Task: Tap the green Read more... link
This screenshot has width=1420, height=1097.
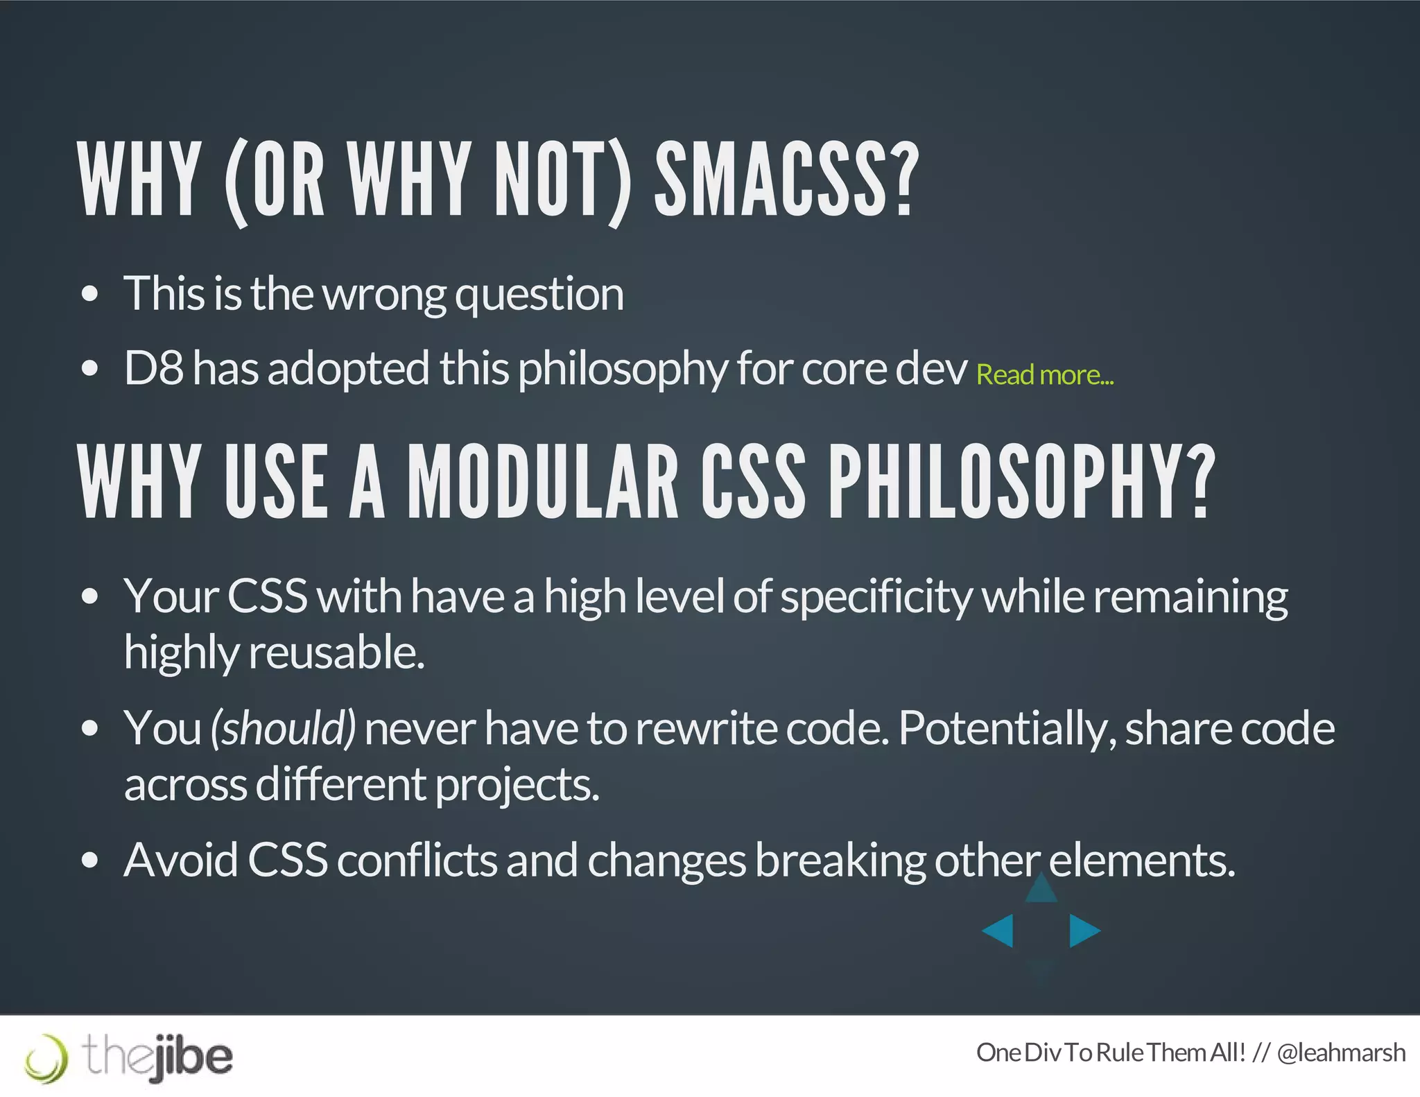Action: [1044, 375]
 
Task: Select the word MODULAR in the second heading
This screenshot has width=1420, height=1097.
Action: [542, 483]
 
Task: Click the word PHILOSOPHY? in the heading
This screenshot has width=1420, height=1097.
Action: [1021, 483]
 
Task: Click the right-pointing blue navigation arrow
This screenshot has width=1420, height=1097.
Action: [1084, 931]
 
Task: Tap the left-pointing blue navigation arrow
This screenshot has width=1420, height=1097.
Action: [999, 931]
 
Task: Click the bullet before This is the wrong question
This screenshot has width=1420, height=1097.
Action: [89, 294]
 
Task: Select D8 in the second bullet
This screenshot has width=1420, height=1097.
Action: [153, 368]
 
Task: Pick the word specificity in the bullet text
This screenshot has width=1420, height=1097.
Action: [876, 597]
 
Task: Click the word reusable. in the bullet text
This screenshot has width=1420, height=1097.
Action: [336, 653]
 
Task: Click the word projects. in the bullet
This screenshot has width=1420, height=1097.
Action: [517, 784]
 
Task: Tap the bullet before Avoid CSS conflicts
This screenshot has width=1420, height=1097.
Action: [89, 861]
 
